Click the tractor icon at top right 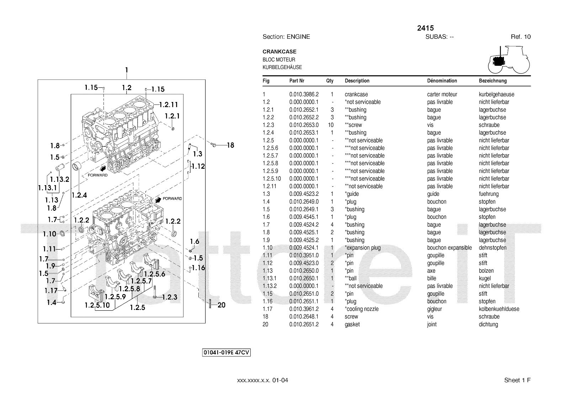[509, 60]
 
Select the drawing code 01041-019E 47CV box [227, 353]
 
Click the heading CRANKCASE [279, 52]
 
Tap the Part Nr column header [297, 81]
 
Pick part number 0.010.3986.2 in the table [304, 95]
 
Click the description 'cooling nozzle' [362, 309]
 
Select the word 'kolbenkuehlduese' [499, 309]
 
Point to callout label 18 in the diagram [230, 145]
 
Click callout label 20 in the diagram [221, 305]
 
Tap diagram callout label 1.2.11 [168, 105]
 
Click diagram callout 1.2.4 [79, 195]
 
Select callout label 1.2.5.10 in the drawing [97, 305]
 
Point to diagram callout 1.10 [49, 234]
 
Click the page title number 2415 [425, 28]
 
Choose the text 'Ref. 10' [521, 37]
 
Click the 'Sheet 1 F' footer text [517, 380]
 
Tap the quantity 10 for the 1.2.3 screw [331, 125]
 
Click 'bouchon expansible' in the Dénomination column [449, 248]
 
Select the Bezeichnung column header [493, 81]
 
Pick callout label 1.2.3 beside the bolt [170, 297]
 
